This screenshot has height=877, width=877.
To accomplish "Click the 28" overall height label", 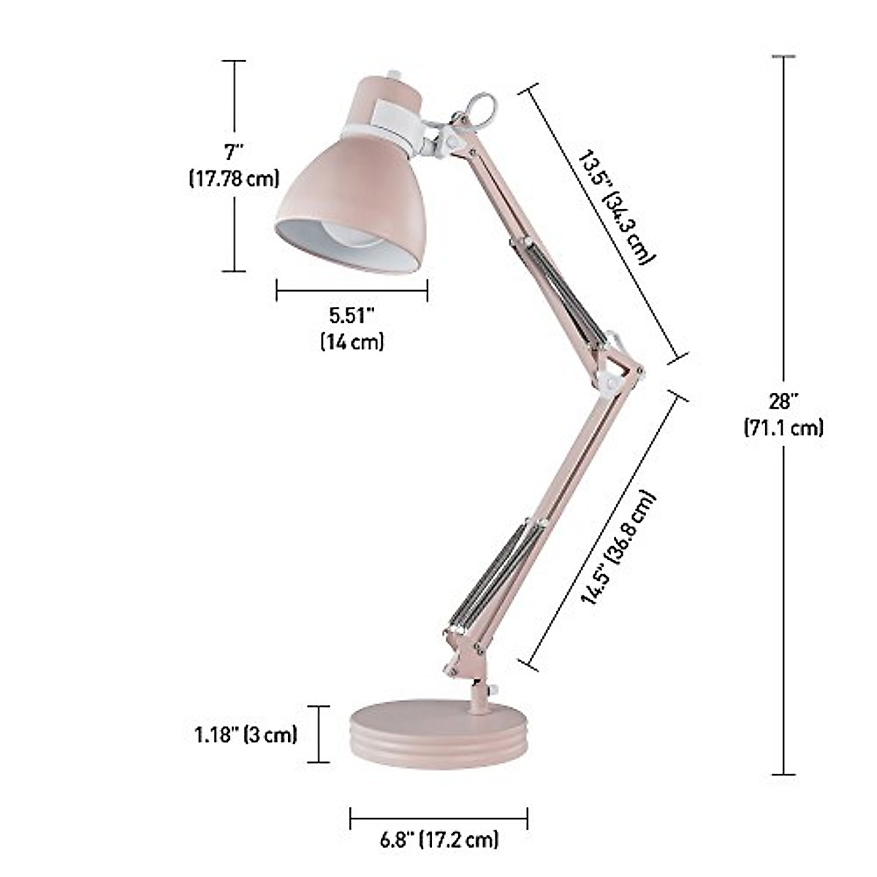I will point(783,401).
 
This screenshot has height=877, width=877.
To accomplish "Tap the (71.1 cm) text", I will point(783,427).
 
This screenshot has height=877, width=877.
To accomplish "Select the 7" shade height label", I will point(234,152).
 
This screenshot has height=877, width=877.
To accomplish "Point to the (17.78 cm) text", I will point(234,178).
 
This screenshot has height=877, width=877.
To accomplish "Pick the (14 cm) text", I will point(352,341).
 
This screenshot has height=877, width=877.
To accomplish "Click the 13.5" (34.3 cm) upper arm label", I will point(615,207).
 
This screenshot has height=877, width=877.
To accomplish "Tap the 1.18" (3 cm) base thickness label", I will point(246,734).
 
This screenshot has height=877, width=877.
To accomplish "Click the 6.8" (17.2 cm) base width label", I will point(439,839).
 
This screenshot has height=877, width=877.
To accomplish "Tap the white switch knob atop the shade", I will point(395,74).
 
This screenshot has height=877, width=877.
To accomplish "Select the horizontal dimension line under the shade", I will point(352,290).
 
